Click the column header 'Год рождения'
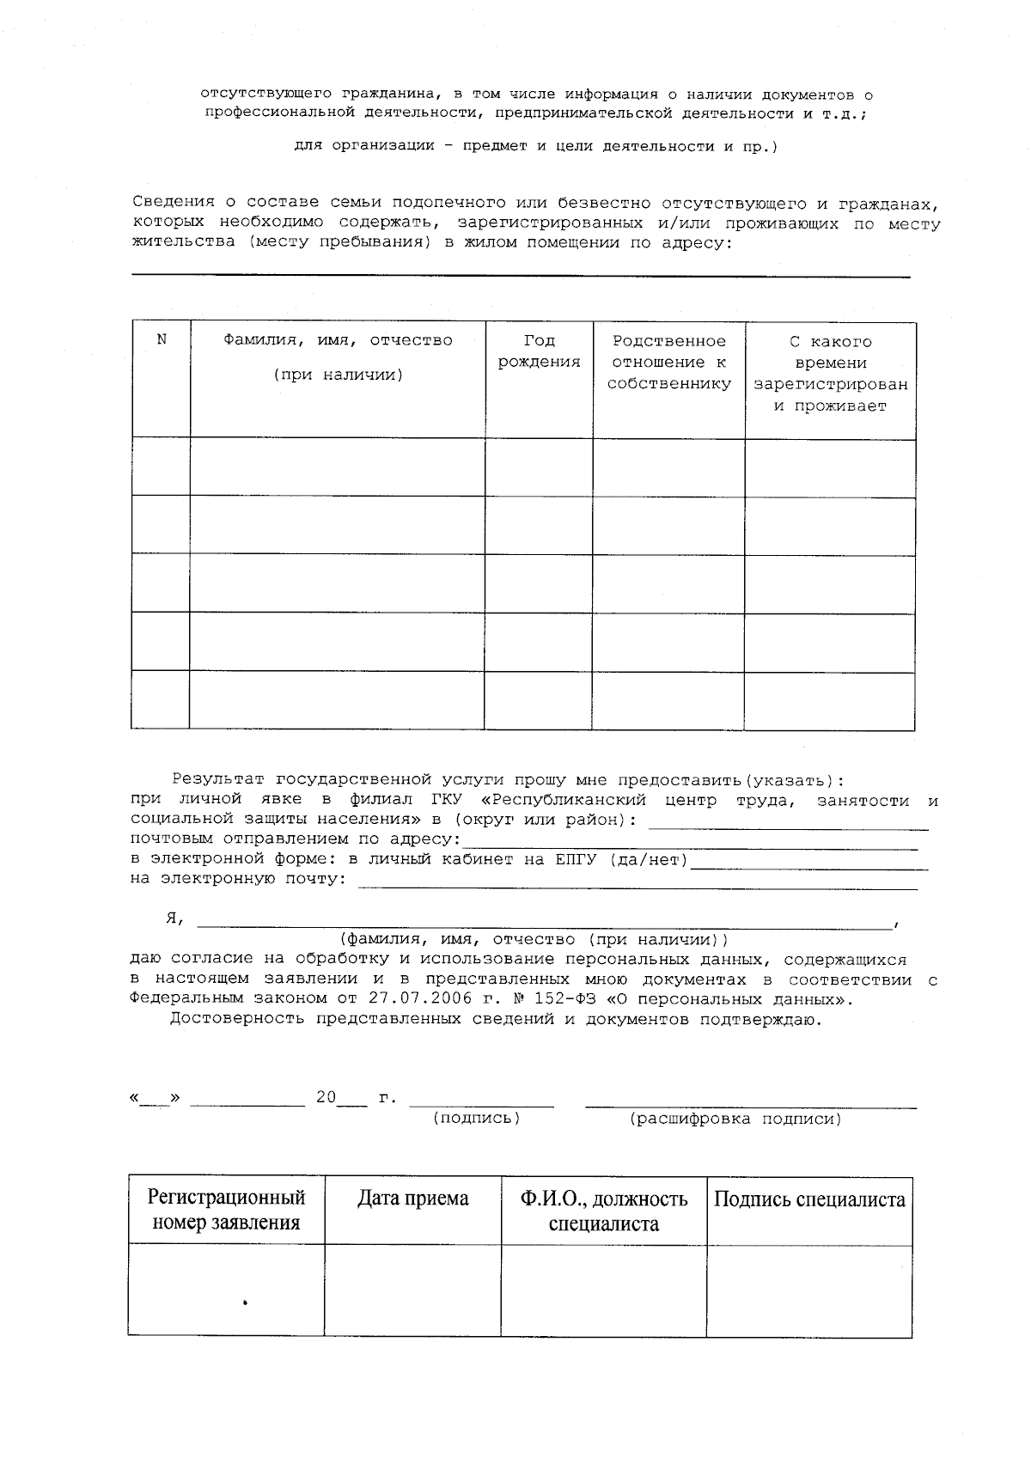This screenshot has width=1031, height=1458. pyautogui.click(x=539, y=351)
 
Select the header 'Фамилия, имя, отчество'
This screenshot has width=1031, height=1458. pyautogui.click(x=338, y=341)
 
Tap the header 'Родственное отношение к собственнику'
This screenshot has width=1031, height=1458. pyautogui.click(x=668, y=363)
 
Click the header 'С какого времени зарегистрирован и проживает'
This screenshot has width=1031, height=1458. pyautogui.click(x=830, y=374)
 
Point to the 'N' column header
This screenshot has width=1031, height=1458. pyautogui.click(x=162, y=339)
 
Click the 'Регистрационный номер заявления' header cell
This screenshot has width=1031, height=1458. pyautogui.click(x=227, y=1210)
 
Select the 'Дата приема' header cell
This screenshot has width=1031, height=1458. pyautogui.click(x=413, y=1199)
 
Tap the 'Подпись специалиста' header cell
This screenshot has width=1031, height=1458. pyautogui.click(x=809, y=1199)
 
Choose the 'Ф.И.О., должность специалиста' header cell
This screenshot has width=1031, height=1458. pyautogui.click(x=603, y=1210)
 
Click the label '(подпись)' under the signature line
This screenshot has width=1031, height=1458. pyautogui.click(x=477, y=1118)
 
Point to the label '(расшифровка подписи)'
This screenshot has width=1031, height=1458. pyautogui.click(x=735, y=1119)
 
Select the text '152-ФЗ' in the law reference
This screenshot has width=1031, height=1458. pyautogui.click(x=533, y=998)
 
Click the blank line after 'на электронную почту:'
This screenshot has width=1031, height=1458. pyautogui.click(x=637, y=885)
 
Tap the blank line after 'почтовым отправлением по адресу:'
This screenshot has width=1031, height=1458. pyautogui.click(x=690, y=845)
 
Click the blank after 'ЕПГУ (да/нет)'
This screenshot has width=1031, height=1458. pyautogui.click(x=809, y=866)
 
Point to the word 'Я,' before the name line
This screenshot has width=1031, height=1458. pyautogui.click(x=175, y=918)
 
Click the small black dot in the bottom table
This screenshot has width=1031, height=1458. pyautogui.click(x=245, y=1302)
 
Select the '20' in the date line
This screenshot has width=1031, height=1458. pyautogui.click(x=326, y=1097)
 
